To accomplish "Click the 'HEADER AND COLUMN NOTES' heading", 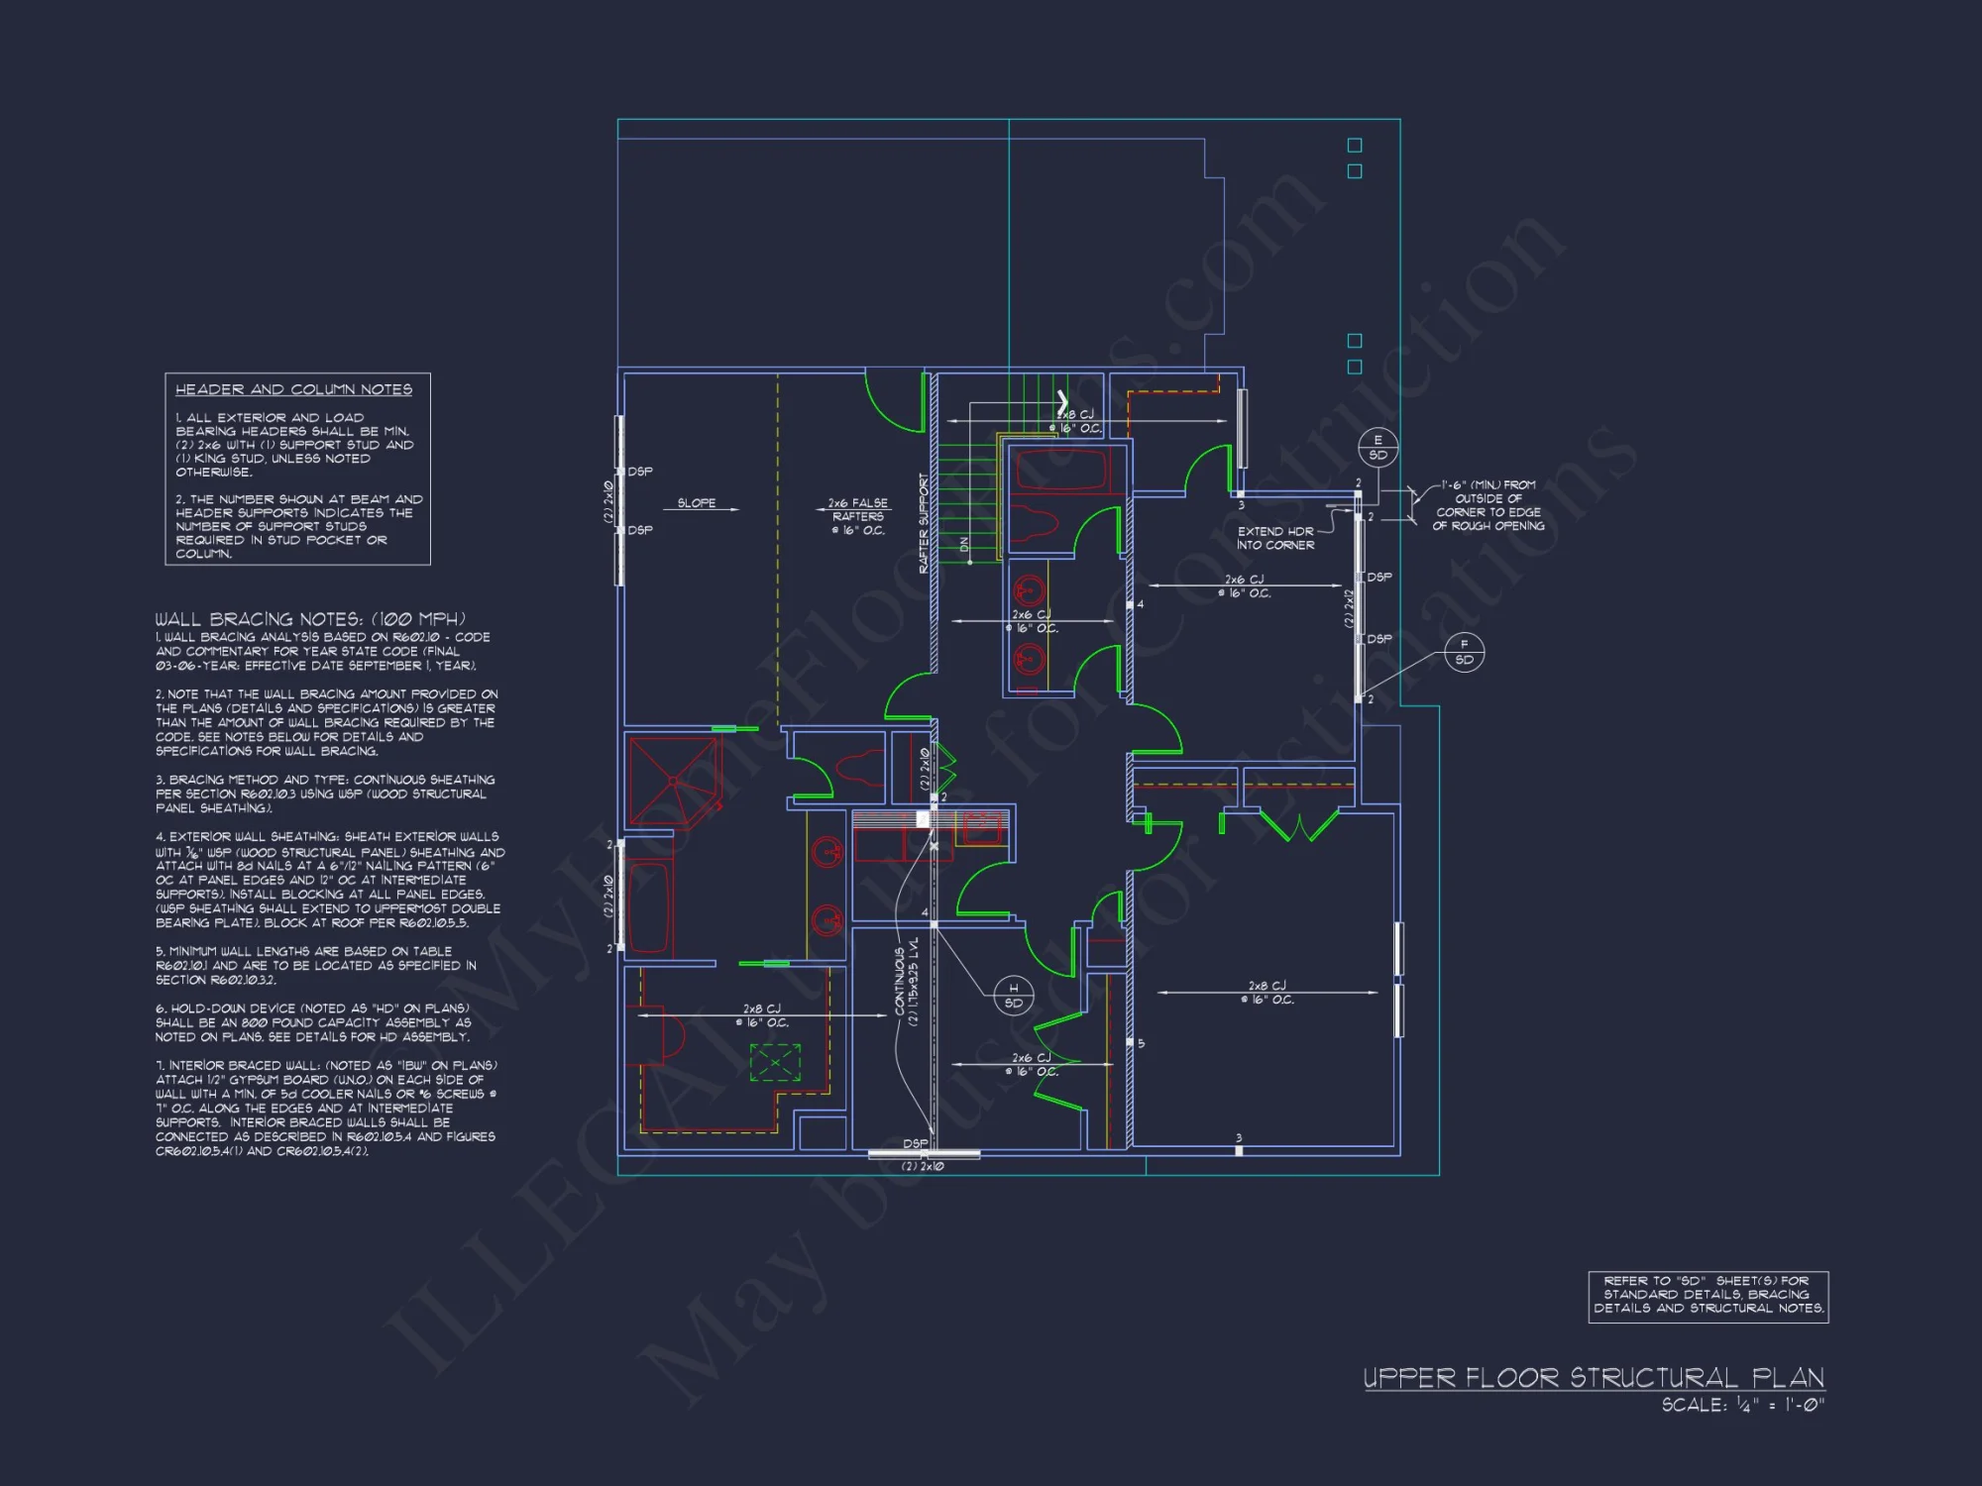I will (x=293, y=389).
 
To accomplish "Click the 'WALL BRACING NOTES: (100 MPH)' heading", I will (x=309, y=618).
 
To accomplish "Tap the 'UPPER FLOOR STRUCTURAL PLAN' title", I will (x=1594, y=1378).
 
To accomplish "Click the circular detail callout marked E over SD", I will (x=1377, y=448).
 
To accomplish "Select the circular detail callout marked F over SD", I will (x=1464, y=652).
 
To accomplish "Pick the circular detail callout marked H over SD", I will (x=1013, y=995).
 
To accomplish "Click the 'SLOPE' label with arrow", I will (x=697, y=503).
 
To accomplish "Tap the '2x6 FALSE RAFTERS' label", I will (x=858, y=516).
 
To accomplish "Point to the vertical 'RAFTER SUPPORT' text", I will (x=924, y=523).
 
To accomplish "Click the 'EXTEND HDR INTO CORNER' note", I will (x=1275, y=538).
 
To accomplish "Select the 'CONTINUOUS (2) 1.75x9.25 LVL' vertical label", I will (x=907, y=982).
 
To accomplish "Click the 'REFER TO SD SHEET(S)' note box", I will (x=1707, y=1295).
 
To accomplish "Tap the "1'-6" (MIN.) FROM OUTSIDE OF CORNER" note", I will (x=1487, y=505).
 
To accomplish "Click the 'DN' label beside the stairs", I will (x=964, y=545).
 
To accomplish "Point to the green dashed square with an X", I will (x=775, y=1063).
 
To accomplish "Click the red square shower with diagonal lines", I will (x=673, y=781).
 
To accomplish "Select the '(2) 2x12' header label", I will (x=1349, y=608).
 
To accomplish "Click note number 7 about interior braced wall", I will (x=325, y=1108).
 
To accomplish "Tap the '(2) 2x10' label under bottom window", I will (x=922, y=1166).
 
